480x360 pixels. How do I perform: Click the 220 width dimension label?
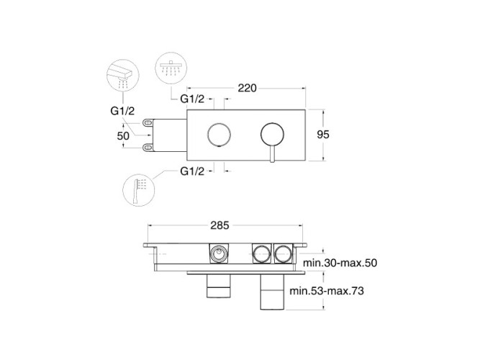tap(247, 89)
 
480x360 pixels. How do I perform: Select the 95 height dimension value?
tap(323, 135)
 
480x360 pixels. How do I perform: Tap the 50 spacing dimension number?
tap(123, 136)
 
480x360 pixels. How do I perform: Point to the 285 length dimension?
tap(219, 225)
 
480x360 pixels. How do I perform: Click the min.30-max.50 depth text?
tap(340, 263)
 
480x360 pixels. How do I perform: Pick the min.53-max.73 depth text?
tap(327, 290)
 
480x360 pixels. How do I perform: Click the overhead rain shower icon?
tap(171, 68)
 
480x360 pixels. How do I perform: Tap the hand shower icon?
tap(139, 190)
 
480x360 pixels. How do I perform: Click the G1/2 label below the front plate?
tap(192, 171)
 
